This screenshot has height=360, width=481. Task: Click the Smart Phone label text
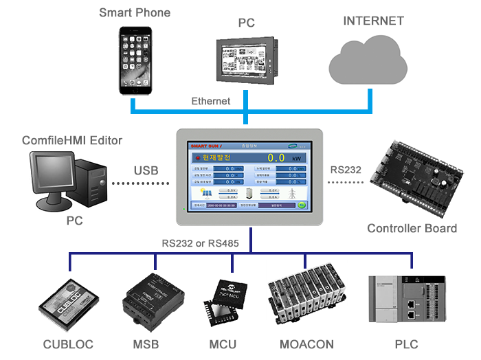135,12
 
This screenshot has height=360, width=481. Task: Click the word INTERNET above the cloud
374,20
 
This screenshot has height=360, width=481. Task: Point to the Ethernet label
211,102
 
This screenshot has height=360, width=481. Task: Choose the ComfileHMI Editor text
72,141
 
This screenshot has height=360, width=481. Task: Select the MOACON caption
306,344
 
